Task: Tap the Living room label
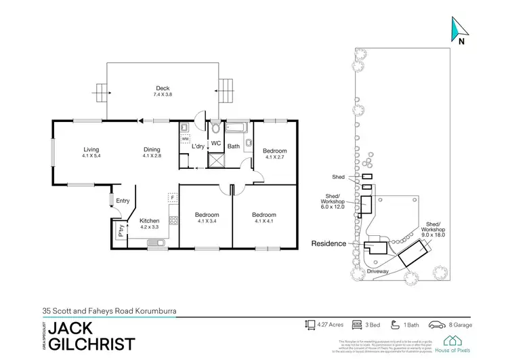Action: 91,153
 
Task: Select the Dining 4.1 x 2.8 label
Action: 152,153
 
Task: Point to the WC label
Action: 216,144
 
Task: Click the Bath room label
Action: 234,146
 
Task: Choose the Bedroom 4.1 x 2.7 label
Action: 274,154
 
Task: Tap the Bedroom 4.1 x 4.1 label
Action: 264,218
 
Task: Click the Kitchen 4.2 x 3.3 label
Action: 149,224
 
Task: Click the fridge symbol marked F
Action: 172,198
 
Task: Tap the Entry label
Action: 123,200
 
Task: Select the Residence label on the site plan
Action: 328,243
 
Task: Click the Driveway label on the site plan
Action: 377,271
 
